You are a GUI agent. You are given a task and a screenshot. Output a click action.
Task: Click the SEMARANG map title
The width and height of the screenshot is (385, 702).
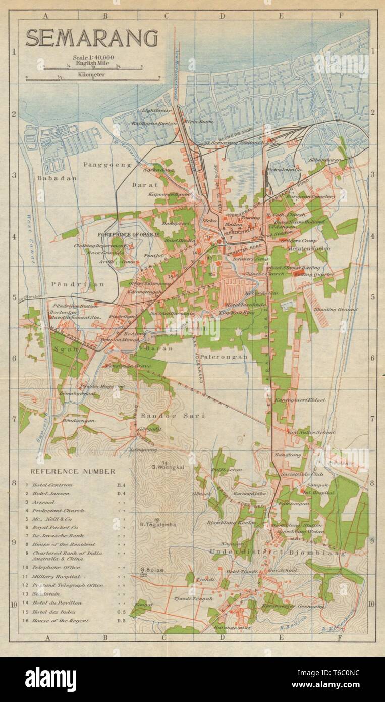click(x=91, y=37)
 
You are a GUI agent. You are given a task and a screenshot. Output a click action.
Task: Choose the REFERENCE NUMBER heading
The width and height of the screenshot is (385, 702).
click(x=73, y=471)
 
